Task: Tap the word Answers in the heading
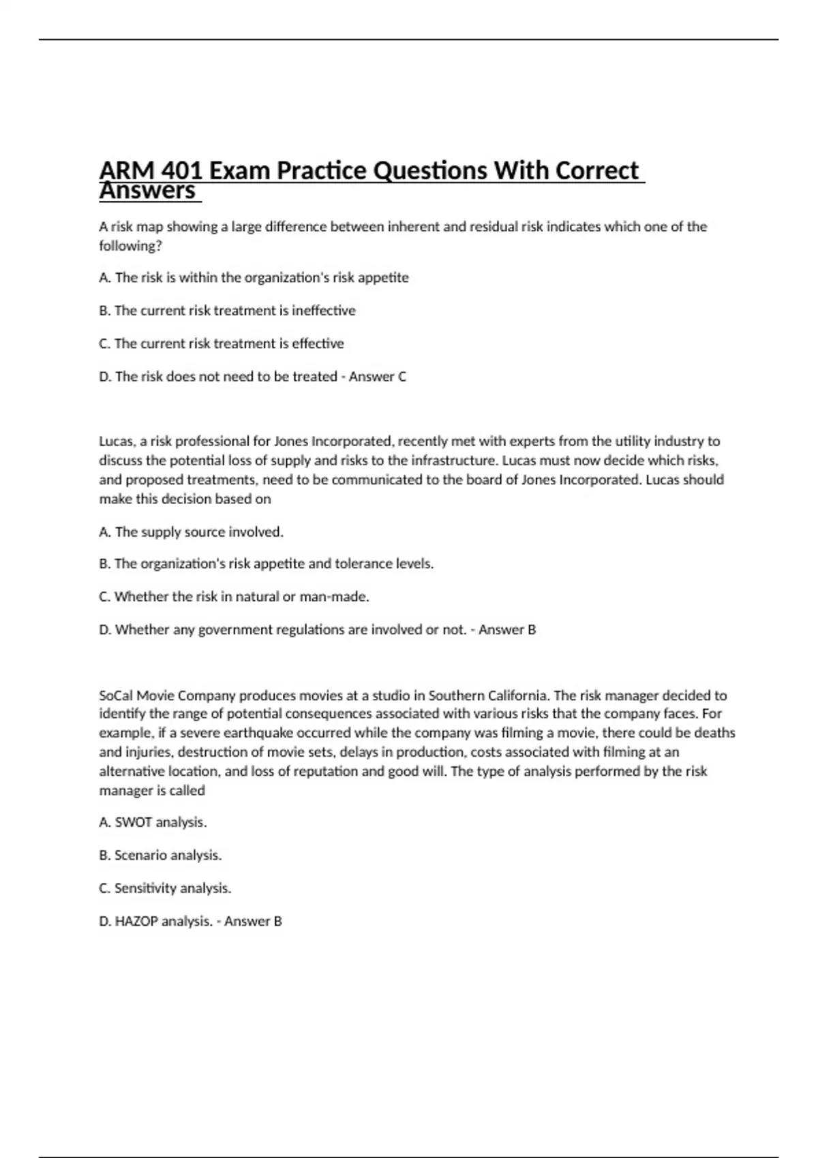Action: coord(147,191)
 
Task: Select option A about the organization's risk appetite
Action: coord(254,277)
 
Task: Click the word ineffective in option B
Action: coord(324,311)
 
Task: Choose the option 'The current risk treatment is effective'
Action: coord(222,343)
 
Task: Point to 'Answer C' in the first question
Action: coord(378,377)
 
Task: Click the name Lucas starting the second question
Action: coord(116,441)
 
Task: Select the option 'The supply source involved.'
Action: coord(191,532)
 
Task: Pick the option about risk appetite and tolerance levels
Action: coord(266,564)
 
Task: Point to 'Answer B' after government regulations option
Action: coord(507,630)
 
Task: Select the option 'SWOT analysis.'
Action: coord(153,822)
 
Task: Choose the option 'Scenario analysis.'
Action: coord(160,856)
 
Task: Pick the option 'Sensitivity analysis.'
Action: coord(165,888)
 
